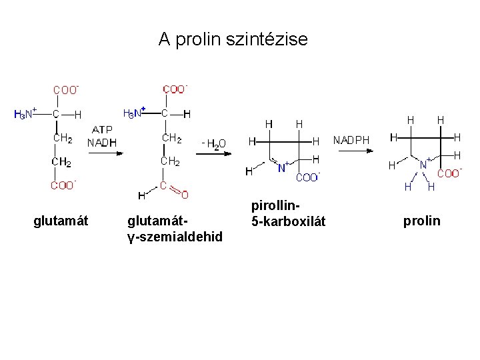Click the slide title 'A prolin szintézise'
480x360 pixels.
(233, 40)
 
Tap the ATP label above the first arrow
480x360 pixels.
(102, 129)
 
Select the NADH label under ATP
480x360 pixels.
(102, 142)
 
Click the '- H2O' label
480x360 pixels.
(213, 143)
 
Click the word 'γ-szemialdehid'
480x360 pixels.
(175, 237)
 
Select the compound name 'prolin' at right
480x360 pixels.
(421, 221)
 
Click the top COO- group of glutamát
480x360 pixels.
(66, 89)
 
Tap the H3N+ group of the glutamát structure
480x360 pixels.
(25, 114)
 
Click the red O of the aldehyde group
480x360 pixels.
(185, 195)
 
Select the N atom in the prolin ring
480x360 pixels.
(423, 164)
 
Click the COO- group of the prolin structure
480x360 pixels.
(449, 173)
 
